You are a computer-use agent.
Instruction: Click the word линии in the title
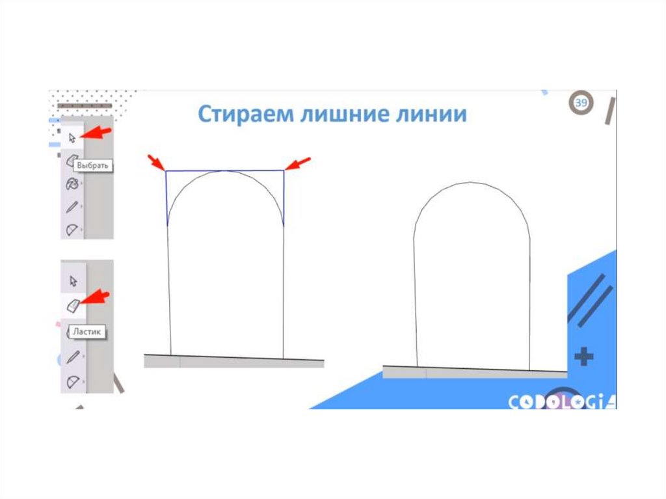(431, 115)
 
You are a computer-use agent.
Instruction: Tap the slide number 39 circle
(581, 104)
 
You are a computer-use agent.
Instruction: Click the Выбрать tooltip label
(93, 166)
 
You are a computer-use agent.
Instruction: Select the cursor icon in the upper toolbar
(72, 137)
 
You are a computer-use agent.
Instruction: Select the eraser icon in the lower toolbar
(72, 304)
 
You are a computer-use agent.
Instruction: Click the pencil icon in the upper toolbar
(72, 208)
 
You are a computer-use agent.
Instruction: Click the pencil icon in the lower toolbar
(73, 358)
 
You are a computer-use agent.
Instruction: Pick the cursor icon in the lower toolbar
(73, 280)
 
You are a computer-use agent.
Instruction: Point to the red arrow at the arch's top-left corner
(156, 163)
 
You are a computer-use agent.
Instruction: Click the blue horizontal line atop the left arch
(195, 171)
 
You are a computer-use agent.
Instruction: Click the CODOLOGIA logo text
(561, 402)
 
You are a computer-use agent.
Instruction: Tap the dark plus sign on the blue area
(584, 356)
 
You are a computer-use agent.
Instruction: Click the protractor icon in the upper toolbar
(72, 230)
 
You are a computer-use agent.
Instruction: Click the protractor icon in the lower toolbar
(72, 382)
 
